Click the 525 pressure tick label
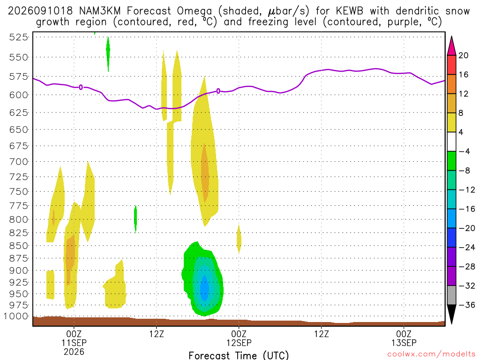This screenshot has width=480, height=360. [18, 37]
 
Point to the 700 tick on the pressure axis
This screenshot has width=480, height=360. [18, 162]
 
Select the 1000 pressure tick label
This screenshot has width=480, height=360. [15, 316]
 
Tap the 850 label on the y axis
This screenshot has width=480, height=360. [18, 246]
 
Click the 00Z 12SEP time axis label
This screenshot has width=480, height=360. [239, 338]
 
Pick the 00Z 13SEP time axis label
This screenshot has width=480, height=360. [404, 338]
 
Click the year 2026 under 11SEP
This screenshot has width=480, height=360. [74, 352]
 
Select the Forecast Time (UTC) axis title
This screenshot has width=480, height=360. [239, 355]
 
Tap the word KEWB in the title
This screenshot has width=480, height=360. [349, 11]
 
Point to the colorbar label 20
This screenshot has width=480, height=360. [463, 55]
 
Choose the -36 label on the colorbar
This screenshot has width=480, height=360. [467, 305]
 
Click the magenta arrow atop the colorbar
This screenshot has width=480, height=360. [451, 46]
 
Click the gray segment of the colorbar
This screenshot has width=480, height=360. [451, 295]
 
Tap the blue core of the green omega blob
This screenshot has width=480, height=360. [204, 288]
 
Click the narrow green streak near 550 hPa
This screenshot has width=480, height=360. [108, 54]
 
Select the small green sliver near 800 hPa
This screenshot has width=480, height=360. [135, 219]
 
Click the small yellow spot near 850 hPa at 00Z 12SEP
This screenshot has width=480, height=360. [239, 239]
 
